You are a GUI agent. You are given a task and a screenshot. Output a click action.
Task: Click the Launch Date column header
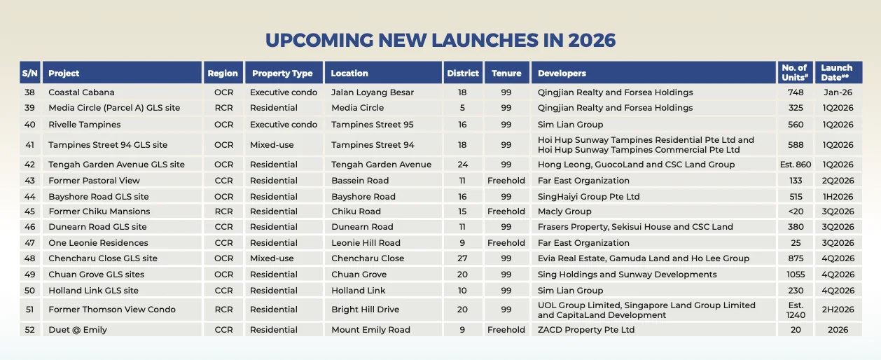tap(837, 73)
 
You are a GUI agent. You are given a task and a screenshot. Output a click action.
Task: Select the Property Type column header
tap(282, 73)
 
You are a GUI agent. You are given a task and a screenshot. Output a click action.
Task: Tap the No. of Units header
tap(794, 73)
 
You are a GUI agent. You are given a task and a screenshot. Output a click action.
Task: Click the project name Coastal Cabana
tap(81, 92)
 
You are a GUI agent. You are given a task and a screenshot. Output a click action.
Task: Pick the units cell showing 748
tap(795, 92)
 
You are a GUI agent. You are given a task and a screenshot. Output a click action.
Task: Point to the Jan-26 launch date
tap(837, 92)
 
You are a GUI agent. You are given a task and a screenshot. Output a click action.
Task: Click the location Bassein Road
tap(360, 180)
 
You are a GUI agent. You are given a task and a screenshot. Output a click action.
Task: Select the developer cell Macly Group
tap(564, 212)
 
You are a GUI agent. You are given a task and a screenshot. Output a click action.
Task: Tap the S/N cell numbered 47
tap(29, 243)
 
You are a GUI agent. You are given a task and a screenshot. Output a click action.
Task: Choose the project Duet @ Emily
tap(78, 330)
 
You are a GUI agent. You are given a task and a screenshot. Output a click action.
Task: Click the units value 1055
tap(795, 275)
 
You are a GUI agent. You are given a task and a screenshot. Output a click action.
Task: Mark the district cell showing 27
tap(462, 258)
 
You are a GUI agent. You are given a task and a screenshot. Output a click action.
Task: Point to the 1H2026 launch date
tap(837, 197)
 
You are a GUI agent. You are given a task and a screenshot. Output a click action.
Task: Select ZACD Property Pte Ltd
tap(586, 330)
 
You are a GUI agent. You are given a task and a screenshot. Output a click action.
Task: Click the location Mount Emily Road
tap(370, 330)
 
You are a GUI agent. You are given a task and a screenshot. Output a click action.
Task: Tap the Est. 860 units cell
tap(795, 165)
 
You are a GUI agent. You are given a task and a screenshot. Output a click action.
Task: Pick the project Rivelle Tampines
tap(84, 125)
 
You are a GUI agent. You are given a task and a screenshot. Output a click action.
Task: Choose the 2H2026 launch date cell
tap(837, 310)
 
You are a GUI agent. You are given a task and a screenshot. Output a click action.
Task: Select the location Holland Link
tap(359, 291)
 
